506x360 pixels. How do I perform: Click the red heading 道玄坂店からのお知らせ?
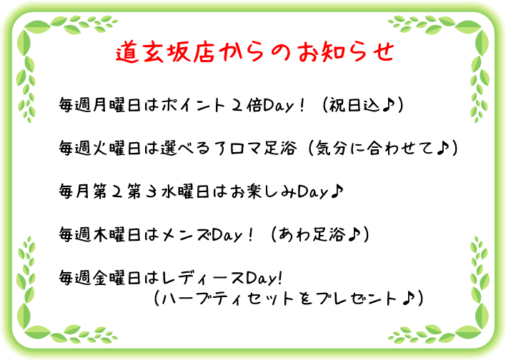[x=255, y=51]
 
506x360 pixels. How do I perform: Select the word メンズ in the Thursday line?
[x=187, y=234]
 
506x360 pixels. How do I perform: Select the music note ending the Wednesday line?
[x=337, y=191]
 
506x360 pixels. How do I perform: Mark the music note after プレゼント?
[x=409, y=299]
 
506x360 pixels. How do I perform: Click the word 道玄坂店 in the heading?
[x=165, y=51]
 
